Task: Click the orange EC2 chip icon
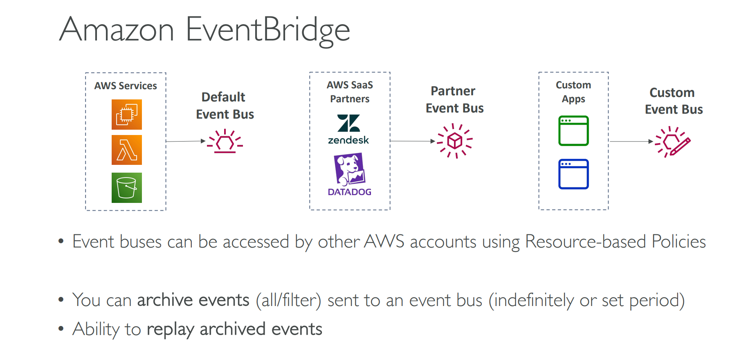pos(127,115)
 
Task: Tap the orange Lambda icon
pos(127,150)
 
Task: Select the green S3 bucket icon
pos(127,188)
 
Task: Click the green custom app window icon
pos(573,131)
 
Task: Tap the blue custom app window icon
pos(573,174)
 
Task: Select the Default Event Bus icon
pos(225,142)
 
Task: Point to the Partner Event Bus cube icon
pos(455,141)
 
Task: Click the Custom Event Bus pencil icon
pos(673,142)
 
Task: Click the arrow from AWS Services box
pos(186,141)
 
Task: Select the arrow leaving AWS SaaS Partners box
pos(413,141)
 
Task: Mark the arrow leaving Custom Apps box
pos(631,142)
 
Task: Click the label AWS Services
pos(126,86)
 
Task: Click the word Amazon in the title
pos(117,30)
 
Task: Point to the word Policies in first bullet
pos(679,241)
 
